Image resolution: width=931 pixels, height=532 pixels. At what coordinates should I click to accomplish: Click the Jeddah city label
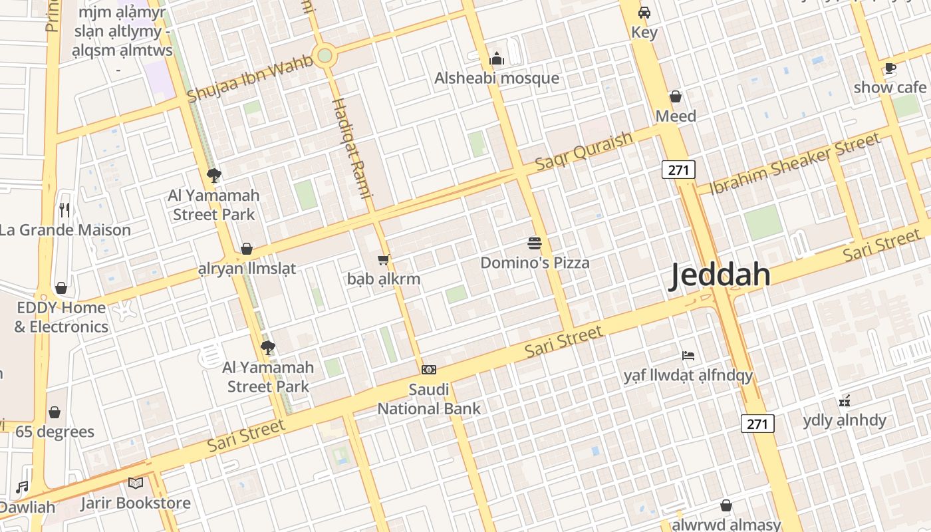coord(720,275)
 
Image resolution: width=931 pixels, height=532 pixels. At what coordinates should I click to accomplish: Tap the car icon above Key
coord(644,13)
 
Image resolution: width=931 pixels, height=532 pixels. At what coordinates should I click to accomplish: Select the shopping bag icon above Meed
coord(676,97)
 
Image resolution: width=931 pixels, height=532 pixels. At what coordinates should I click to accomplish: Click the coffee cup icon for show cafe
coord(890,68)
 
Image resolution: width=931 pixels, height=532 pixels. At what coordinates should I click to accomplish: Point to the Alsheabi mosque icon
coord(497,59)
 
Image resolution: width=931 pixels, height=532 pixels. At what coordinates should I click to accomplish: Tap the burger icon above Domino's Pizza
coord(535,243)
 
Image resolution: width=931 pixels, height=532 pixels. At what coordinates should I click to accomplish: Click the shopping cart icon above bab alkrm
coord(383,259)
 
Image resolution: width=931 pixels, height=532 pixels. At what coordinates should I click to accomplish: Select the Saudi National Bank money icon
coord(429,370)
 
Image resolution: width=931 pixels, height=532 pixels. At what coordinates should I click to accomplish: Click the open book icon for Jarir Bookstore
coord(136,483)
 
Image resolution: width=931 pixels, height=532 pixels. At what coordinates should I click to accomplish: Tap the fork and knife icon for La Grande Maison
coord(65,211)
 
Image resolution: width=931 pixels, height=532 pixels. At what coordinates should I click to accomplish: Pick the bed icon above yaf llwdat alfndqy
coord(688,356)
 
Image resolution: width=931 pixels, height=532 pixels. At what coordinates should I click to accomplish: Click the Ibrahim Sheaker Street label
coord(795,164)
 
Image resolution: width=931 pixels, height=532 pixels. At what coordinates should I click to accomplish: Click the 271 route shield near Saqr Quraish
coord(678,170)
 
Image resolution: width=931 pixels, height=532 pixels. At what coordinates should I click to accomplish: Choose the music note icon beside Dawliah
coord(23,487)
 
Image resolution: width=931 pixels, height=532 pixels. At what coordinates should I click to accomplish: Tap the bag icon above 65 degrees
coord(55,412)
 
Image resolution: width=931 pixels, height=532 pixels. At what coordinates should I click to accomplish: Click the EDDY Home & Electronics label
coord(61,317)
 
